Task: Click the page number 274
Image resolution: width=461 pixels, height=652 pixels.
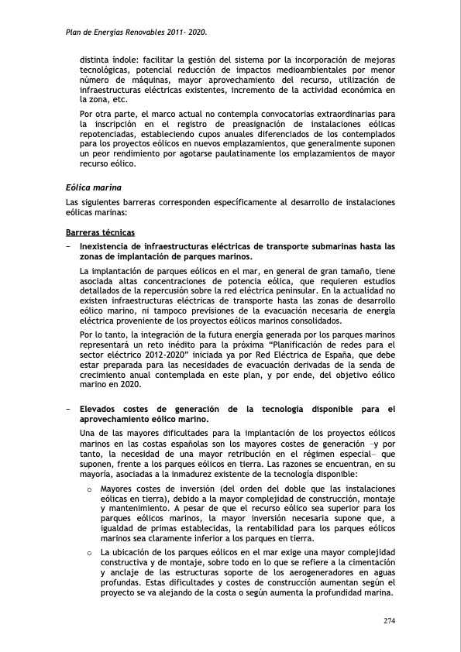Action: point(389,621)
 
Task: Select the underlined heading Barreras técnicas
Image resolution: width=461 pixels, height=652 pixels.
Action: point(100,233)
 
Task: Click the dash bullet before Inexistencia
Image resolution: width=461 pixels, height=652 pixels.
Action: point(69,246)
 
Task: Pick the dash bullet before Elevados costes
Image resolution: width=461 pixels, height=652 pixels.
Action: point(69,410)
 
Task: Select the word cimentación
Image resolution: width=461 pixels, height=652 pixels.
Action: point(370,563)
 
